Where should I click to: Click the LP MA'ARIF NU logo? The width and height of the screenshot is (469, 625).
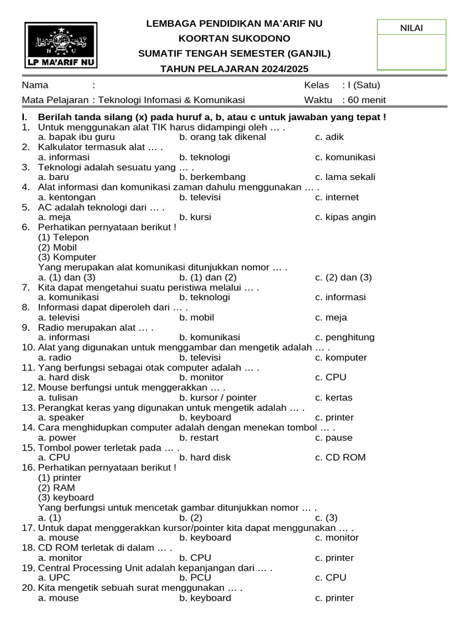pyautogui.click(x=61, y=45)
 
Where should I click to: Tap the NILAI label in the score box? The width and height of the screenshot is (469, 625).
pyautogui.click(x=411, y=27)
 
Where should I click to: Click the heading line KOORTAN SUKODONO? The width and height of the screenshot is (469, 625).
pyautogui.click(x=234, y=38)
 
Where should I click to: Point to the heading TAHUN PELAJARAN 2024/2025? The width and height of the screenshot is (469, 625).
pyautogui.click(x=234, y=68)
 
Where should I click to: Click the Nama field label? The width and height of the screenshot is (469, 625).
pyautogui.click(x=35, y=85)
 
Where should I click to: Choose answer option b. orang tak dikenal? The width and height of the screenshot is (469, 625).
pyautogui.click(x=223, y=137)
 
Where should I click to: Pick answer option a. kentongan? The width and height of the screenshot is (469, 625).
pyautogui.click(x=67, y=197)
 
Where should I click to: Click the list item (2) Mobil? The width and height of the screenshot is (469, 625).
pyautogui.click(x=57, y=247)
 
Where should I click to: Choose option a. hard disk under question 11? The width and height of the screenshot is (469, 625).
pyautogui.click(x=64, y=377)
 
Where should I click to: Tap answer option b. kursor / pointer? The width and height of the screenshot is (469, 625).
pyautogui.click(x=218, y=397)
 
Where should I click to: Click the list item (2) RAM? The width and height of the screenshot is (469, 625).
pyautogui.click(x=56, y=488)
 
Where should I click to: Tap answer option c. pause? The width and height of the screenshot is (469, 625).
pyautogui.click(x=334, y=438)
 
